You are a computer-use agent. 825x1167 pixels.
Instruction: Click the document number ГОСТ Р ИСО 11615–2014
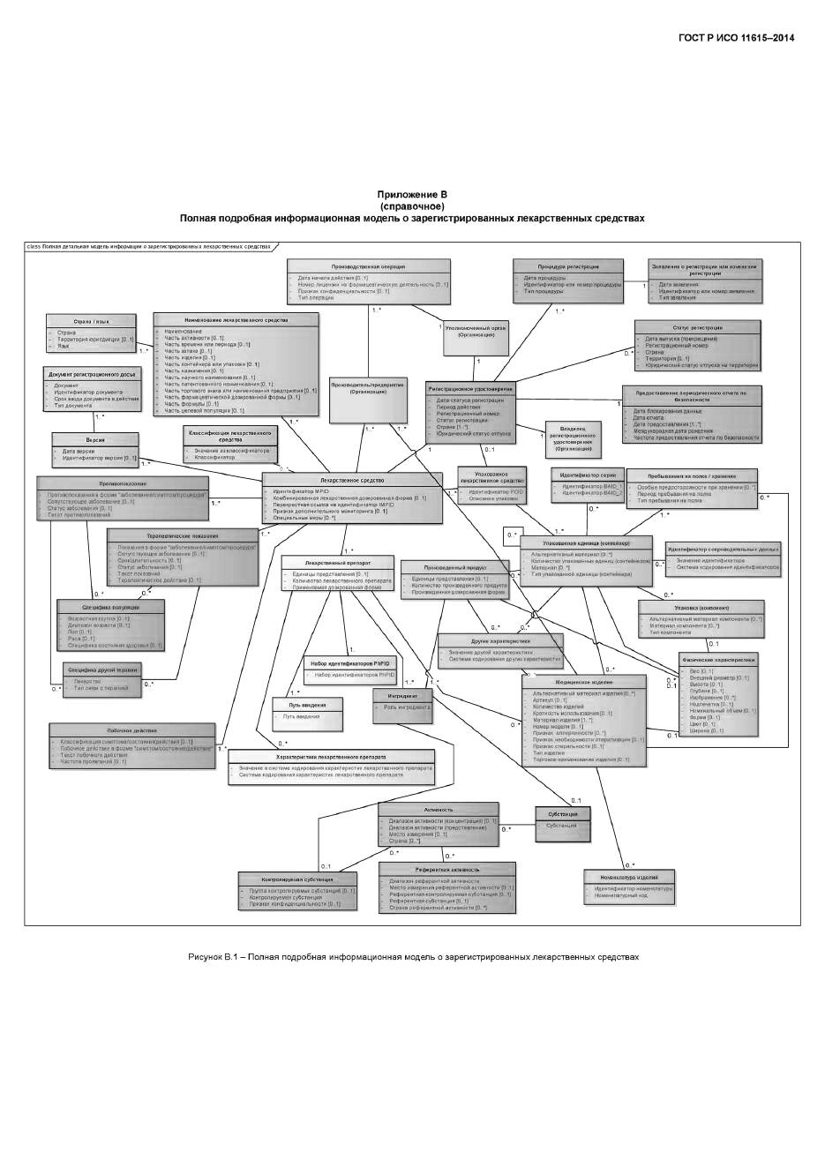[736, 38]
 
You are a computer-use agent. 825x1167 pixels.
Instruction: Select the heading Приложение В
[412, 194]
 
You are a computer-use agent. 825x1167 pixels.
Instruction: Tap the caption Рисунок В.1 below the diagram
[412, 956]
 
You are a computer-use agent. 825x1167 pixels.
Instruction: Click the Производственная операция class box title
[369, 266]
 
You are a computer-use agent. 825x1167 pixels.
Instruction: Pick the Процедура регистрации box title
[568, 266]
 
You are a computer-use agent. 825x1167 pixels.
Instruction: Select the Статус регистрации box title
[696, 327]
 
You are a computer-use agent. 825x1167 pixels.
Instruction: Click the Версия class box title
[95, 439]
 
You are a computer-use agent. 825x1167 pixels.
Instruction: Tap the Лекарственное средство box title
[352, 480]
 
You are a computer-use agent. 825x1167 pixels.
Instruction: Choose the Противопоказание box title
[123, 483]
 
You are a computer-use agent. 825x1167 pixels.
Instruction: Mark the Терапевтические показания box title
[183, 535]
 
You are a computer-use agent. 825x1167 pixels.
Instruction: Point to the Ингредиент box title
[401, 696]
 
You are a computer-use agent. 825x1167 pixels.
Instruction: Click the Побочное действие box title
[132, 730]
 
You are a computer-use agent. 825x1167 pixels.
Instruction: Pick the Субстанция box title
[562, 813]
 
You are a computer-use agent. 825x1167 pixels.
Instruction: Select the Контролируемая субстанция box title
[297, 879]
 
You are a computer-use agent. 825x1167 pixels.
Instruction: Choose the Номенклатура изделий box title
[628, 877]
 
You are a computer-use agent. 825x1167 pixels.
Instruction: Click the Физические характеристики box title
[717, 659]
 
